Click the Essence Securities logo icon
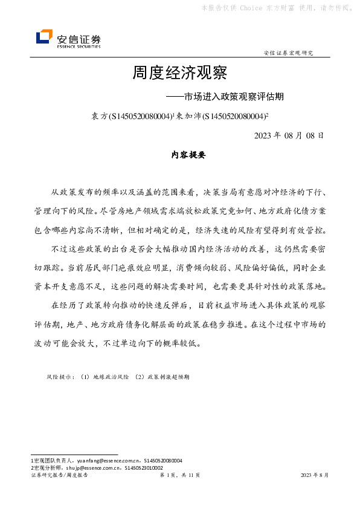pos(44,37)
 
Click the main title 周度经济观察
pos(179,74)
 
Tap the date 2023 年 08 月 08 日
pos(290,135)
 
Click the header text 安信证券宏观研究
pos(289,53)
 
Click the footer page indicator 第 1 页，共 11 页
pos(179,476)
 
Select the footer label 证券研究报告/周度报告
pos(59,476)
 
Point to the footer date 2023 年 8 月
pos(315,476)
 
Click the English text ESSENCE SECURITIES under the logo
pos(79,46)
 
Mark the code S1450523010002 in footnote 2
pos(144,467)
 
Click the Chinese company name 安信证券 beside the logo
pos(79,36)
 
